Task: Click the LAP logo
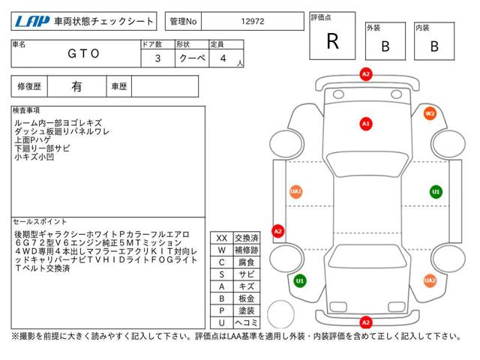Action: tap(32, 22)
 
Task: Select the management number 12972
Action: tap(252, 22)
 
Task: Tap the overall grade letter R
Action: tap(332, 41)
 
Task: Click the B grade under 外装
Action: tap(385, 46)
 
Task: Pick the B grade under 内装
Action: tap(434, 46)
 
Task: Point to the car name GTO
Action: tap(83, 53)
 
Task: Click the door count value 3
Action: tap(157, 58)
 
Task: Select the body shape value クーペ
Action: tap(192, 58)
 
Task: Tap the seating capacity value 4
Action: tap(223, 58)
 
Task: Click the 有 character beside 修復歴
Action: tap(76, 87)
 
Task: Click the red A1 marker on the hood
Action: tap(366, 124)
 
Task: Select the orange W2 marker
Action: tap(430, 113)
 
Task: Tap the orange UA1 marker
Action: tap(295, 192)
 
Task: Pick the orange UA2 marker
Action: tap(430, 280)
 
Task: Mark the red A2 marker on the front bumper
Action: tap(366, 74)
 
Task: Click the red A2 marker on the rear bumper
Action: tap(366, 322)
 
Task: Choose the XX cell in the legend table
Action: tap(222, 238)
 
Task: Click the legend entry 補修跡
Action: tap(247, 250)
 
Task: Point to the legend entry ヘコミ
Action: tap(247, 322)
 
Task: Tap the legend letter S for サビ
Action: tap(222, 274)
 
